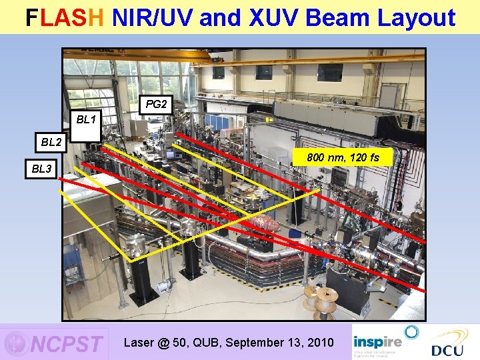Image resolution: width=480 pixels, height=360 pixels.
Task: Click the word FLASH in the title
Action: click(65, 18)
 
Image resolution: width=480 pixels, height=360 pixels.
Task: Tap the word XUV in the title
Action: click(265, 18)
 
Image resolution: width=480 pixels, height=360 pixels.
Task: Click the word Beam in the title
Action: click(337, 18)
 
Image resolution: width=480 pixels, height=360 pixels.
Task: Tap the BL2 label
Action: click(51, 142)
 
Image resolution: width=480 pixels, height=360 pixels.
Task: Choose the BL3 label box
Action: click(41, 169)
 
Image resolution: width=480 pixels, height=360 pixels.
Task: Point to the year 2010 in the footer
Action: click(320, 342)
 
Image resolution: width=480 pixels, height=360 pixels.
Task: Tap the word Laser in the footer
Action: click(139, 342)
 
